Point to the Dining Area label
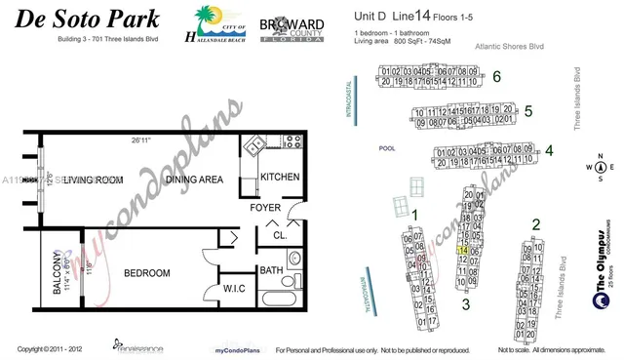(x=194, y=180)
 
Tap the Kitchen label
(x=281, y=177)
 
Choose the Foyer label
(x=265, y=208)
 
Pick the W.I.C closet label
(x=233, y=288)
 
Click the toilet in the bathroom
(x=295, y=259)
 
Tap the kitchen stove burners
(x=292, y=141)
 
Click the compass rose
(x=600, y=167)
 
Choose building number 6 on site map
(x=496, y=75)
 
